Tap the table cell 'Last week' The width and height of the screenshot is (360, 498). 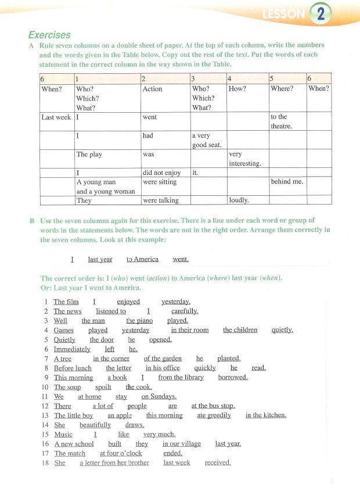click(x=56, y=117)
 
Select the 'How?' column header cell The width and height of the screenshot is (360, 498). click(x=237, y=89)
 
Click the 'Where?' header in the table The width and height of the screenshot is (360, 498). click(x=282, y=89)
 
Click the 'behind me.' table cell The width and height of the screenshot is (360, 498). click(x=289, y=181)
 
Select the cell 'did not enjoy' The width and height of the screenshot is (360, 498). click(x=161, y=173)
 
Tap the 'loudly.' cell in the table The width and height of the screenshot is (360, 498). click(x=239, y=200)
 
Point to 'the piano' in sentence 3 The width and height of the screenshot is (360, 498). click(x=139, y=320)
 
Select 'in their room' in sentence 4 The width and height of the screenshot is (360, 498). click(x=189, y=330)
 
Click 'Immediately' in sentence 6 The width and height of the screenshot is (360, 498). click(x=72, y=349)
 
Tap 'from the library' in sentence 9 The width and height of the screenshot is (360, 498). click(x=181, y=377)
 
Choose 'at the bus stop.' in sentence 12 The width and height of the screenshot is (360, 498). click(x=213, y=406)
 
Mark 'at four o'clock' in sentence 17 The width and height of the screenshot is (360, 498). click(x=121, y=453)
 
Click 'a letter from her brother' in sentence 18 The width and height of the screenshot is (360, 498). click(x=114, y=463)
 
